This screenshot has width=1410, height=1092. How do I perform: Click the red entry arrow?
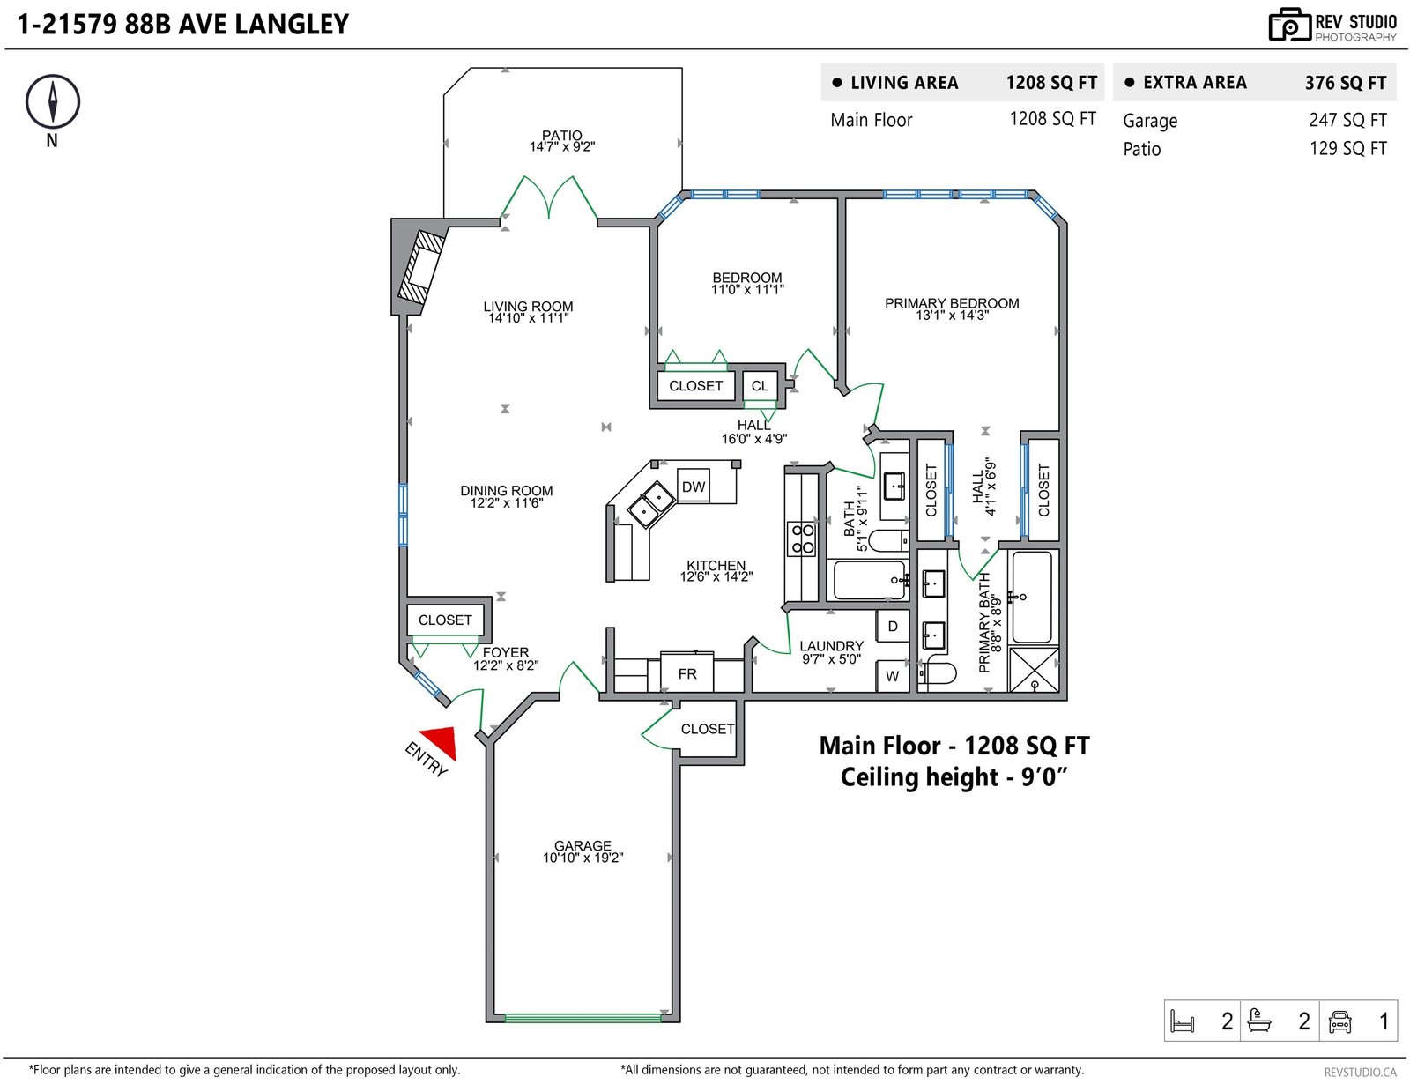point(442,740)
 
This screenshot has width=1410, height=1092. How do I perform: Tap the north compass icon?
point(53,102)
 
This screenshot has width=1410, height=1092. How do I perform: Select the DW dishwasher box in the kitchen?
point(693,486)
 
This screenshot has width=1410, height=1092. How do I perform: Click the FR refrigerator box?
point(687,672)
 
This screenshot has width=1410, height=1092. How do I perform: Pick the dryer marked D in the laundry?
point(892,626)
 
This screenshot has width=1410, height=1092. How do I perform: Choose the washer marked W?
point(892,676)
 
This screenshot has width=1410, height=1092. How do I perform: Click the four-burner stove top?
point(802,539)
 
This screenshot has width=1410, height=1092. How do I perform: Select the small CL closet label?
point(759,386)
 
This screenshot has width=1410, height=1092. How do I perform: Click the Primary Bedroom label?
point(951,303)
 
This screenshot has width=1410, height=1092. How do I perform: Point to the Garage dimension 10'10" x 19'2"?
point(583,858)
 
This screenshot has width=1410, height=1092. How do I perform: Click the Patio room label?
point(562,135)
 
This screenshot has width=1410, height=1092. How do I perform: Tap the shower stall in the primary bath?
point(1034,669)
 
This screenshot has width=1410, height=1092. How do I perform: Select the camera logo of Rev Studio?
point(1289,25)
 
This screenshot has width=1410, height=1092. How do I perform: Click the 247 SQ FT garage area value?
point(1347,120)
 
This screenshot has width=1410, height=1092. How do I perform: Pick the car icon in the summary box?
point(1339,1021)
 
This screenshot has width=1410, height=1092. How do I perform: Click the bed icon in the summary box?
point(1182,1021)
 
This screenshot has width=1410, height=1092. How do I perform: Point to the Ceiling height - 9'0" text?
point(954,777)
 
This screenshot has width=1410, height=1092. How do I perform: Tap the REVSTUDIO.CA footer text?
point(1360,1072)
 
